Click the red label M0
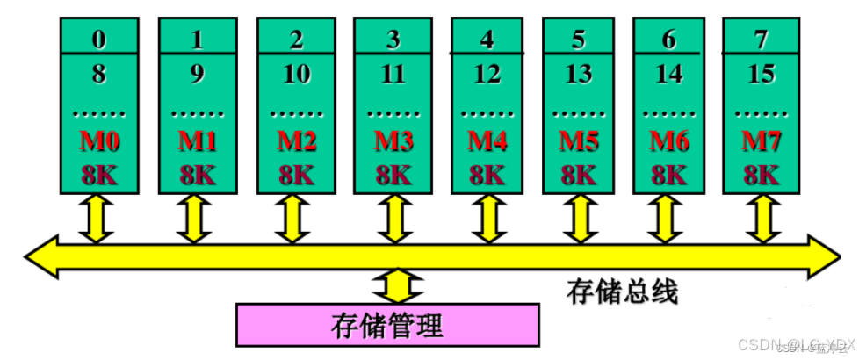click(98, 141)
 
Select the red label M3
click(393, 141)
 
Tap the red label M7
click(761, 141)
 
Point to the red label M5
click(579, 141)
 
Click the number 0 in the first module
click(98, 40)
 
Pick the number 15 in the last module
click(761, 75)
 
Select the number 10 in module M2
click(296, 75)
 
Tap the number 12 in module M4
click(486, 75)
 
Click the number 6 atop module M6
click(669, 40)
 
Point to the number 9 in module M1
click(198, 75)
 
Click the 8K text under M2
click(296, 173)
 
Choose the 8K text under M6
click(669, 173)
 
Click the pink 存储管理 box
click(386, 325)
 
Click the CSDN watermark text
click(795, 344)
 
